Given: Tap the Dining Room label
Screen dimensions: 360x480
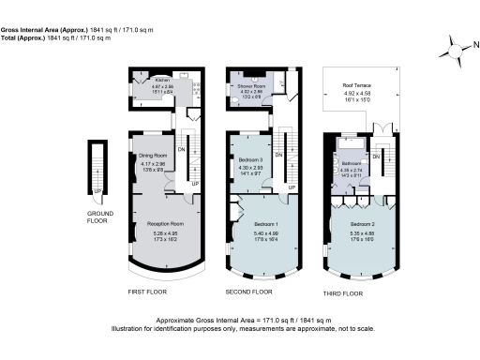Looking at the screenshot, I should (x=153, y=156).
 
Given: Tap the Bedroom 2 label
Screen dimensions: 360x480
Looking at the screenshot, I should (x=365, y=225).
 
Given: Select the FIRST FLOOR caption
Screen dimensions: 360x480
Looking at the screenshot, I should (x=148, y=292).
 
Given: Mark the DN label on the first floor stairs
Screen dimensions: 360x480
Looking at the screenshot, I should (x=182, y=148).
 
